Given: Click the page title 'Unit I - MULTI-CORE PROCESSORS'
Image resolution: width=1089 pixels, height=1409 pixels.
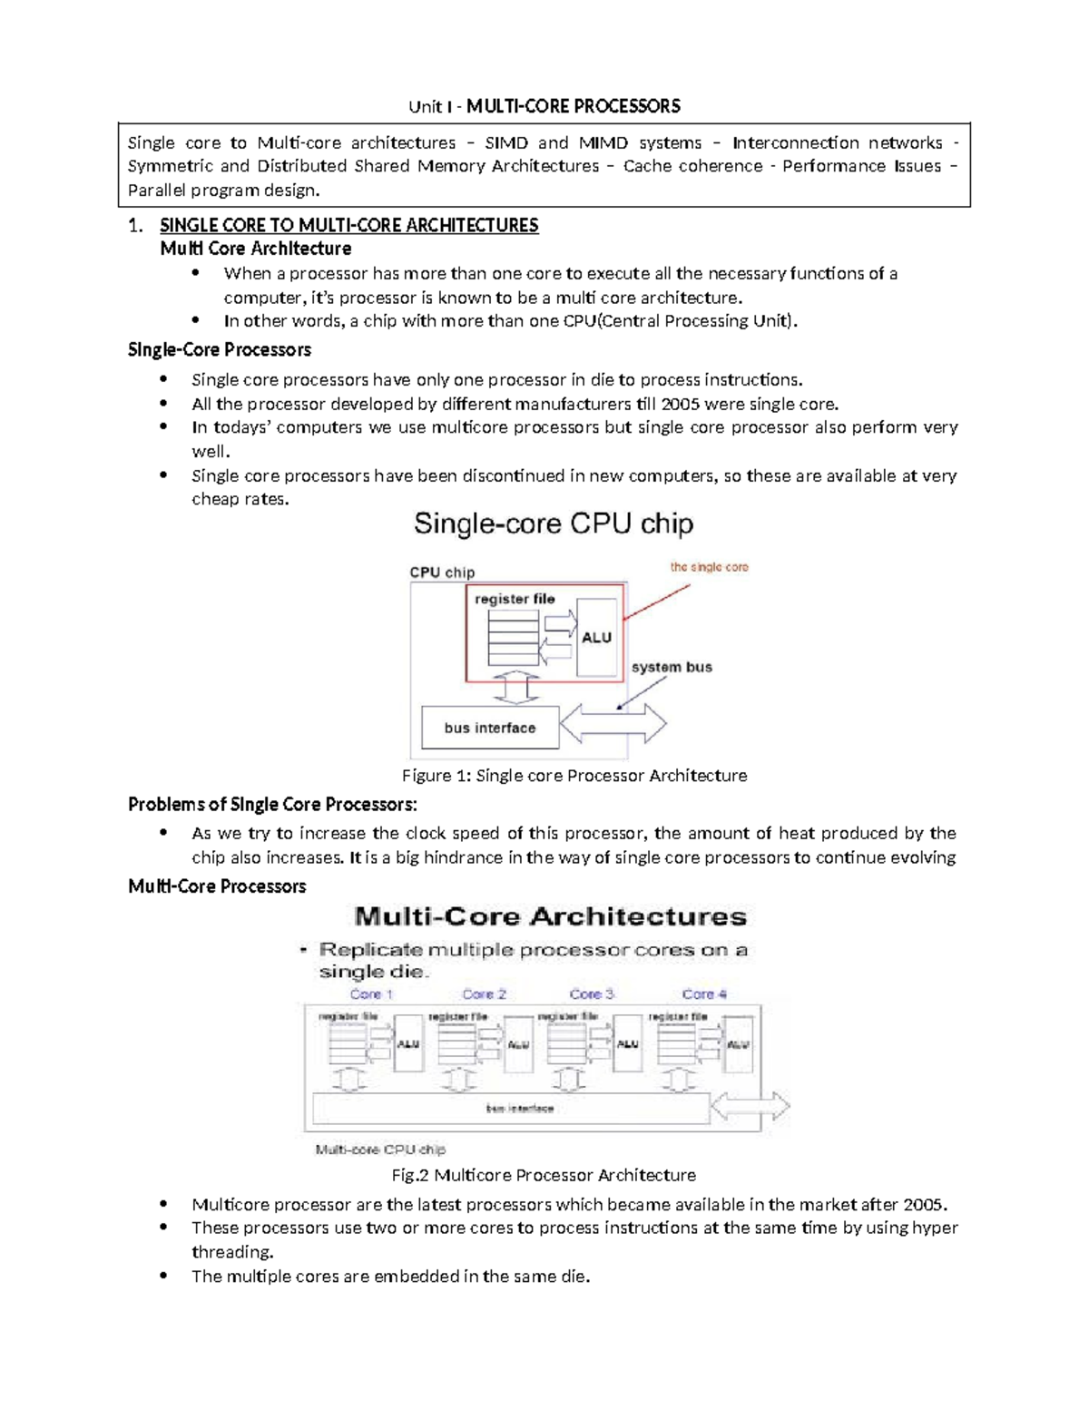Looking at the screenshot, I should [x=544, y=106].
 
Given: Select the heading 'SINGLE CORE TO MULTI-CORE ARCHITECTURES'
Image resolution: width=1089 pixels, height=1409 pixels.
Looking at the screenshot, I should [x=348, y=225].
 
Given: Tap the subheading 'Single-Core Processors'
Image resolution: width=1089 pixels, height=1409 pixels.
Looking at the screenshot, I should [x=220, y=349].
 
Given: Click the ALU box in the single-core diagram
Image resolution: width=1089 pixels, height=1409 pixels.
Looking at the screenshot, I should [x=596, y=637].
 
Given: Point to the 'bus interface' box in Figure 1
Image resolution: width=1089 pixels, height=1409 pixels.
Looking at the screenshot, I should [x=490, y=728].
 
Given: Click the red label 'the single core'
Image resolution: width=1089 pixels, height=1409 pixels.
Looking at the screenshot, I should [x=709, y=567].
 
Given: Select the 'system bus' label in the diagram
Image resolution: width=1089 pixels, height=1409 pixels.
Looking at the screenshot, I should [x=672, y=667].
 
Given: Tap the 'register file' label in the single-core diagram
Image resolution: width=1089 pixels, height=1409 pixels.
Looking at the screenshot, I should [x=515, y=599].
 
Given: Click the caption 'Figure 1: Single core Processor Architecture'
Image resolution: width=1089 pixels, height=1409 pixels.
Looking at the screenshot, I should [x=574, y=776].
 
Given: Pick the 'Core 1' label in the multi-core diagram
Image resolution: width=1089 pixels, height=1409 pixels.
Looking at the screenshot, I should [x=371, y=994].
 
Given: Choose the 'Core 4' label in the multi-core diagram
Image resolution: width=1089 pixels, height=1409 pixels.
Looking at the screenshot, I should [x=704, y=994].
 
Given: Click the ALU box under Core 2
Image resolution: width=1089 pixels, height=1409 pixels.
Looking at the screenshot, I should [x=518, y=1044].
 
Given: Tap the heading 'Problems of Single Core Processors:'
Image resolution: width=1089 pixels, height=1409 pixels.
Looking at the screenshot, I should [x=273, y=805].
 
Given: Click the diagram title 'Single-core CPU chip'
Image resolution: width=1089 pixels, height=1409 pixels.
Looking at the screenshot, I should [x=554, y=523].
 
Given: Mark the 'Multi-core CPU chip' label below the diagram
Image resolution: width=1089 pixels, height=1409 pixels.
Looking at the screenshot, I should [x=380, y=1150].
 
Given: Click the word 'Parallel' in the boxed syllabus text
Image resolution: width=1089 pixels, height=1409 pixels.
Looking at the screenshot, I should [x=156, y=191].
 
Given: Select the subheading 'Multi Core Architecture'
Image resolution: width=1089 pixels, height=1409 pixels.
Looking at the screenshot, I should [x=255, y=249].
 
